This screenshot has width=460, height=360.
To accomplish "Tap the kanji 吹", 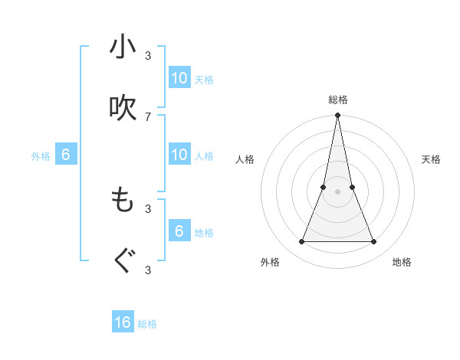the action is (x=123, y=108).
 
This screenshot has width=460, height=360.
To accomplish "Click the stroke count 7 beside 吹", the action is (x=148, y=116).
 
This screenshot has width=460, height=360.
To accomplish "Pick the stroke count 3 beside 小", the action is (x=148, y=55).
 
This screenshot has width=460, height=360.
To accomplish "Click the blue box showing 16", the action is (x=123, y=322).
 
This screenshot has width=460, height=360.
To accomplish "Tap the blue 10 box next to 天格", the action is (x=179, y=77).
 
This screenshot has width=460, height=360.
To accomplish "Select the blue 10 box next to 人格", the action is (x=179, y=154).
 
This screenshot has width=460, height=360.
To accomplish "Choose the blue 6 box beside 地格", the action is (x=179, y=231).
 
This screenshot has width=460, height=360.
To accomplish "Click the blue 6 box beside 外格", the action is (x=66, y=155).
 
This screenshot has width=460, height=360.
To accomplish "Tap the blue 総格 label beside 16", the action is (x=148, y=324).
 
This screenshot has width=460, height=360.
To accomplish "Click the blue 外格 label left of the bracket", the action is (x=41, y=155).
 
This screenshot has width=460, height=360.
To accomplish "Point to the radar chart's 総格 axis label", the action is (x=337, y=100).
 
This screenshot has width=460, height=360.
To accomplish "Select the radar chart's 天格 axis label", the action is (x=431, y=159).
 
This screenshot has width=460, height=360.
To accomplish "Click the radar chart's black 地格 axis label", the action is (x=402, y=262).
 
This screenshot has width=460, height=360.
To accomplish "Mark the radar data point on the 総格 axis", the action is (x=337, y=116).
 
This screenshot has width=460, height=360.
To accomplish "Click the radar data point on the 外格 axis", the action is (x=301, y=241).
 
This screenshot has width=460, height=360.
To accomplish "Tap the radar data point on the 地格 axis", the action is (x=373, y=241).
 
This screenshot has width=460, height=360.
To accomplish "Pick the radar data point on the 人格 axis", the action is (x=324, y=187).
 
